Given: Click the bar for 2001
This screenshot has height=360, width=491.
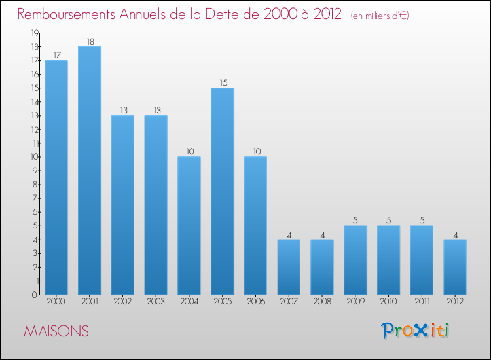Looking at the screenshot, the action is (90, 171).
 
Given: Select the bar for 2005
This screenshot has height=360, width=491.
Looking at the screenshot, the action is (223, 191).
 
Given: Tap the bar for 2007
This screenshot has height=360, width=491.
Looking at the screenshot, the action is (289, 267).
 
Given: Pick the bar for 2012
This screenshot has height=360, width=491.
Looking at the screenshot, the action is (455, 267).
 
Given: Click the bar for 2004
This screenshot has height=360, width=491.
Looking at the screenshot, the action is (189, 226).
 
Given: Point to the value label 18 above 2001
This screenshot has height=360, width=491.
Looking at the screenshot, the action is (90, 42).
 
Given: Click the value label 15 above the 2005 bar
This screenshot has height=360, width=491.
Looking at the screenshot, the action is (223, 83).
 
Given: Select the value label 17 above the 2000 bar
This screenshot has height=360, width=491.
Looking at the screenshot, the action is (57, 56).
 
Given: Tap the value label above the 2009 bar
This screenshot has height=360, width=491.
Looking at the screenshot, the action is (355, 221).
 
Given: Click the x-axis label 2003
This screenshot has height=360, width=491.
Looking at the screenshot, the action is (156, 302).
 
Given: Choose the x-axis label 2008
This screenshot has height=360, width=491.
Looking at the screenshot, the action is (322, 302).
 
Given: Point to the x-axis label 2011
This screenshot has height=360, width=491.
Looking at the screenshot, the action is (422, 302).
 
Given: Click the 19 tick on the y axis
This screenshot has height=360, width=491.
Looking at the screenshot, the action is (35, 33).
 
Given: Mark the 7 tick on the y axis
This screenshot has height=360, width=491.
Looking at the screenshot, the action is (35, 198).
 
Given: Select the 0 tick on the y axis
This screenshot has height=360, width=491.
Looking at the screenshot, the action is (35, 295).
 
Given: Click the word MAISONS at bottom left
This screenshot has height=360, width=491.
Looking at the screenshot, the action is (56, 331).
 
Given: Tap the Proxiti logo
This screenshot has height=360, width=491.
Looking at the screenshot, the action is (415, 331).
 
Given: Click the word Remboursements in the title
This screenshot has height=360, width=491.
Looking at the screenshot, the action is (66, 14).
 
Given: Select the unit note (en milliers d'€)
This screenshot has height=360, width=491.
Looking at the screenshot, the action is (380, 16).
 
